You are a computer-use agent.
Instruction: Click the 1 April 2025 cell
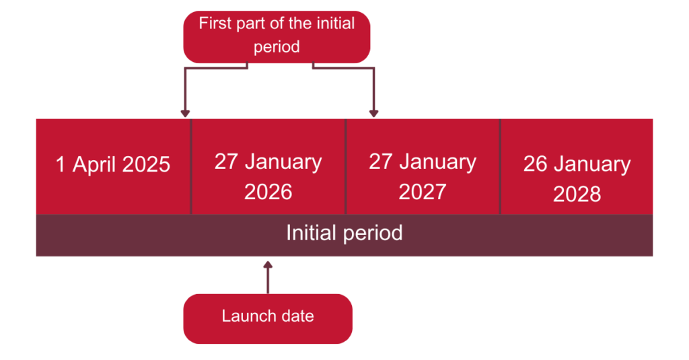point(113,166)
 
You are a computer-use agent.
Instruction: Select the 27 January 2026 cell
point(268,166)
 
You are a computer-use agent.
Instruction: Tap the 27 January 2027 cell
point(423,166)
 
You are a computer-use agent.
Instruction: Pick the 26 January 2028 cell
point(577,166)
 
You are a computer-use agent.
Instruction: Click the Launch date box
point(268,319)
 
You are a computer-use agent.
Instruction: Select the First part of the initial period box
point(277,37)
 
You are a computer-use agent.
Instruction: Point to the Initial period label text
point(344,233)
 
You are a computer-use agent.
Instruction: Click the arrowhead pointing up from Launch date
point(268,264)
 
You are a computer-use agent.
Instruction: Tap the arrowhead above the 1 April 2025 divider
point(185,114)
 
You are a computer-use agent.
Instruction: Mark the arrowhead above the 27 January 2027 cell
point(373,114)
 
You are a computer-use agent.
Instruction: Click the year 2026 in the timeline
point(268,192)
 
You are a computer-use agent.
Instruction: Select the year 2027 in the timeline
point(423,192)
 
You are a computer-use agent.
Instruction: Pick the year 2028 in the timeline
point(577,194)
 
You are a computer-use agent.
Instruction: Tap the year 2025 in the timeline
point(146,164)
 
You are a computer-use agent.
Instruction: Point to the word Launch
point(246,316)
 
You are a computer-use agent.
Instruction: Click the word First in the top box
point(215,24)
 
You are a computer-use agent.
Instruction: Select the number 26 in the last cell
point(535,164)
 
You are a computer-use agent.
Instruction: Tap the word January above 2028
point(592,165)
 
